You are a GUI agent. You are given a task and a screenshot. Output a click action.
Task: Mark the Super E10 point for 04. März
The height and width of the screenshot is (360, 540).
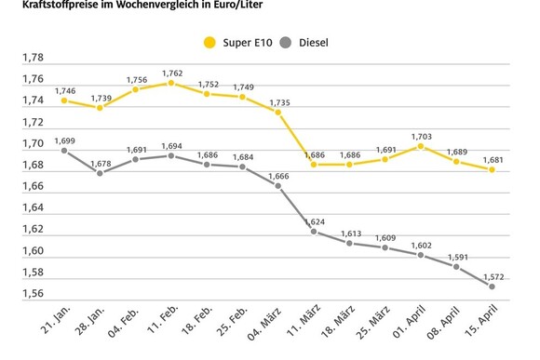pyautogui.click(x=278, y=112)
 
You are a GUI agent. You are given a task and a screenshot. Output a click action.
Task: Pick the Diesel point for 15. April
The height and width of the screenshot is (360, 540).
pyautogui.click(x=493, y=287)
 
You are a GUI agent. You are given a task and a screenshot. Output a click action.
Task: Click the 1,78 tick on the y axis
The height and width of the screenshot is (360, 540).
pyautogui.click(x=34, y=58)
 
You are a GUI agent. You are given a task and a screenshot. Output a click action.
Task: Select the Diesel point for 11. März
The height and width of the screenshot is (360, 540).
pyautogui.click(x=314, y=232)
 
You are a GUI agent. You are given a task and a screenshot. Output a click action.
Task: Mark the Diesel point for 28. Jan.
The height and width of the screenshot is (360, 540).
pyautogui.click(x=100, y=173)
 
